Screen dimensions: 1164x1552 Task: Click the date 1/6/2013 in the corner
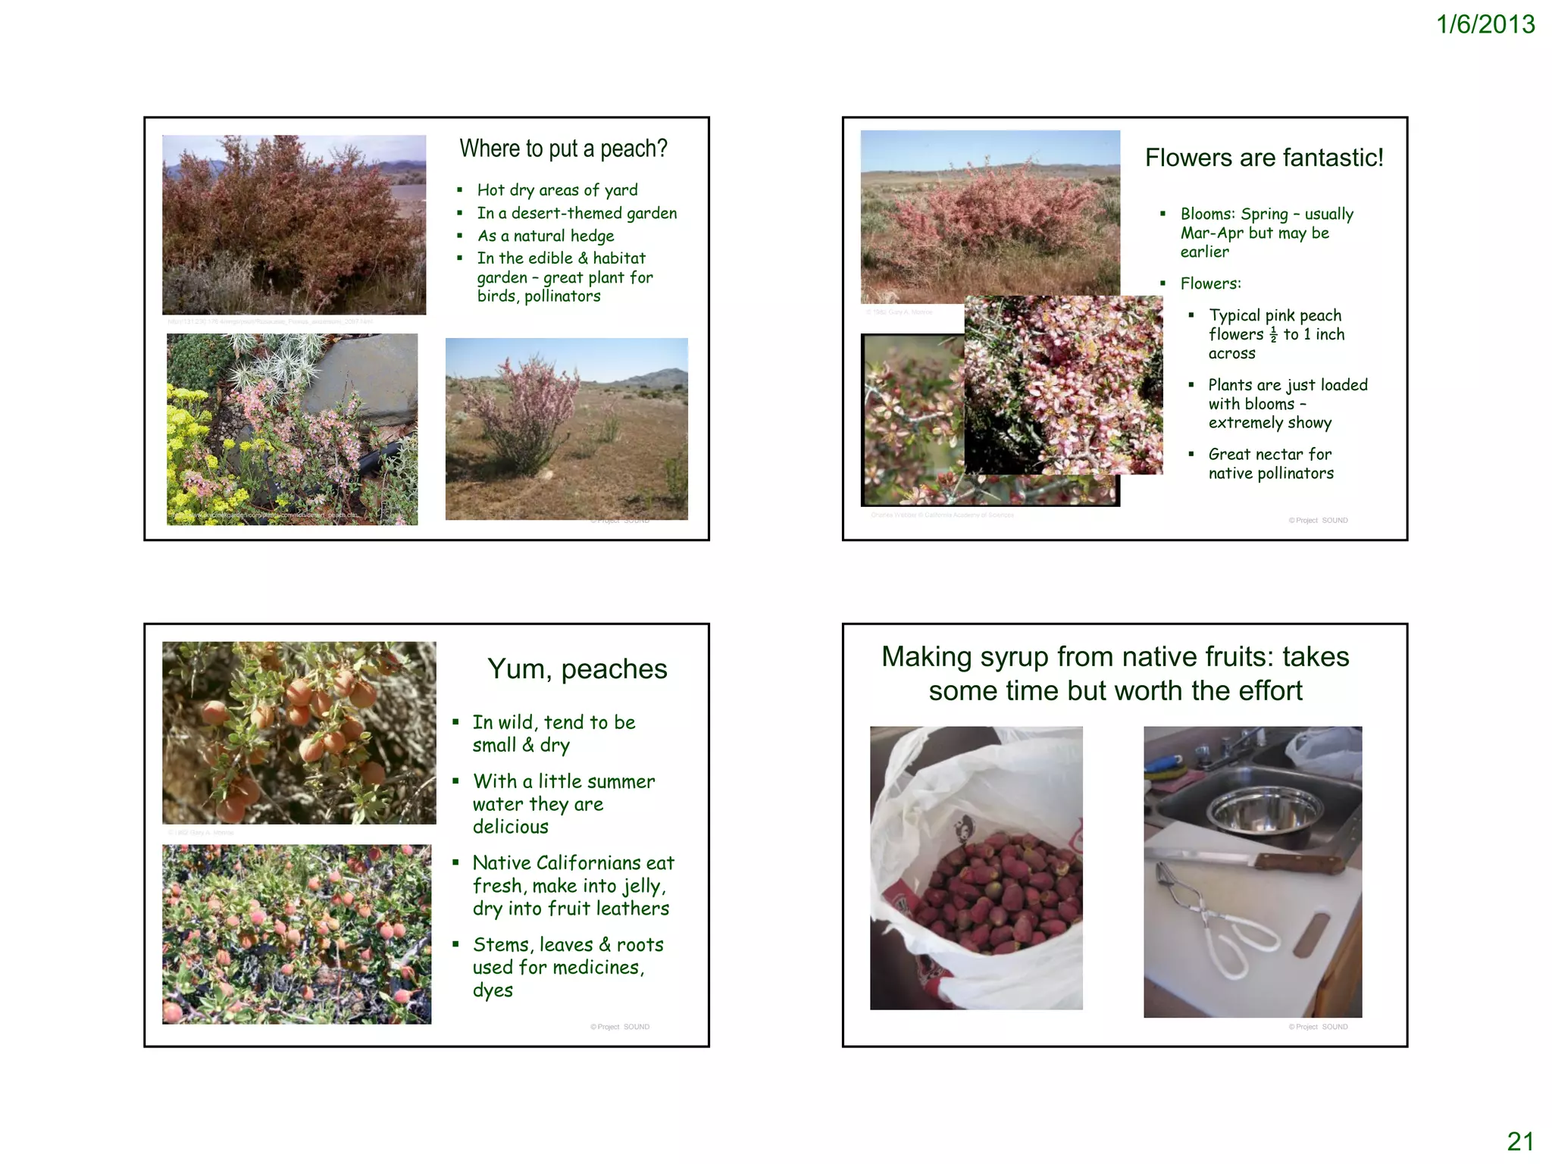tap(1485, 25)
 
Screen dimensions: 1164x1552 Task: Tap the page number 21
tap(1519, 1141)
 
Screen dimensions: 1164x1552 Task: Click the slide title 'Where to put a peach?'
tap(563, 149)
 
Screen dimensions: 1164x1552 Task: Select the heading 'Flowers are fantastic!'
tap(1263, 158)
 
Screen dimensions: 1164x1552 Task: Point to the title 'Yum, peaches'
tap(577, 669)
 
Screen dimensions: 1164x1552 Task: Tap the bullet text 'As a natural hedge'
tap(545, 236)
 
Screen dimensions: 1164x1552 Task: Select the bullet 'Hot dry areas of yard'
tap(557, 190)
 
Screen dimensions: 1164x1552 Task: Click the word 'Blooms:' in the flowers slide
tap(1208, 214)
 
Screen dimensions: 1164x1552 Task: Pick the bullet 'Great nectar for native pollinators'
tap(1270, 464)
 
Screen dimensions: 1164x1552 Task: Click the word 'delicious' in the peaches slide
tap(510, 827)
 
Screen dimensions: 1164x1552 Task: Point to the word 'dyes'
tap(493, 990)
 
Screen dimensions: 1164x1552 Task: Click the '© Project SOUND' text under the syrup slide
tap(1318, 1027)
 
